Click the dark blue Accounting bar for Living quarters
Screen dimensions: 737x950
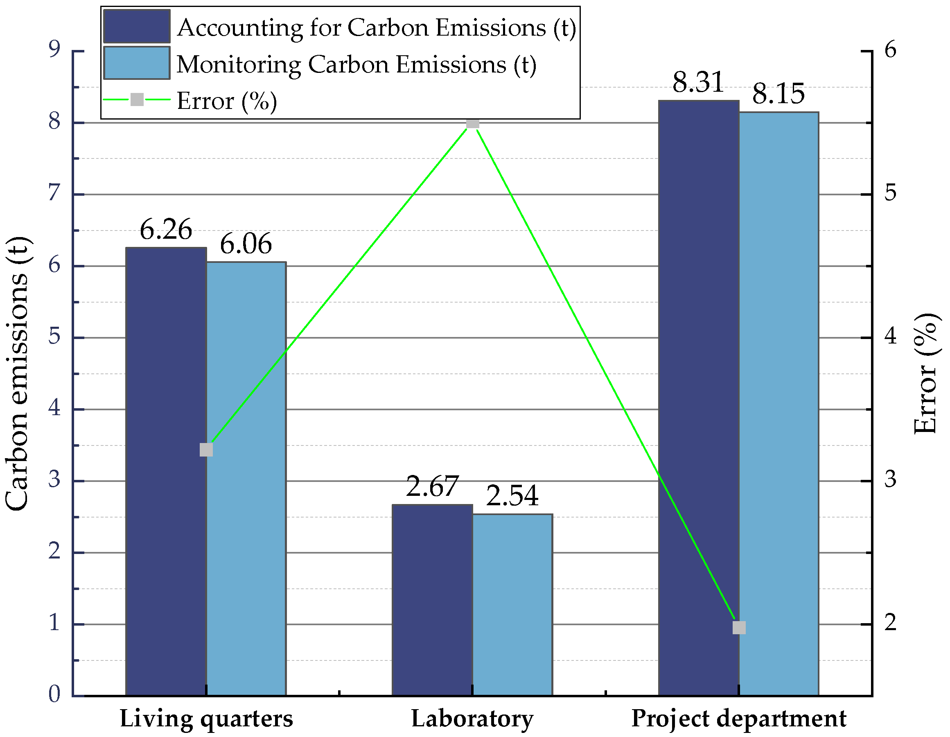click(x=166, y=470)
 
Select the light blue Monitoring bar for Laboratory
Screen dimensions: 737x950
click(x=512, y=605)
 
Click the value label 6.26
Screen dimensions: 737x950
click(x=166, y=230)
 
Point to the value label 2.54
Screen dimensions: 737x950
click(x=512, y=495)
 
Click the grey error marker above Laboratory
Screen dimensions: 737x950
click(x=472, y=123)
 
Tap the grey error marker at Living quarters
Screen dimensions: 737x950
click(x=206, y=450)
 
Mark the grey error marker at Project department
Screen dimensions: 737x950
click(x=739, y=627)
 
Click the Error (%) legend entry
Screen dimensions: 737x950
click(x=226, y=101)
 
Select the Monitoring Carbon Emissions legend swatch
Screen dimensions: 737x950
click(x=137, y=63)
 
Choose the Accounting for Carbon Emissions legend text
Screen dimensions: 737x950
click(x=376, y=27)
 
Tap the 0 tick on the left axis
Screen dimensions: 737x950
click(x=54, y=694)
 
